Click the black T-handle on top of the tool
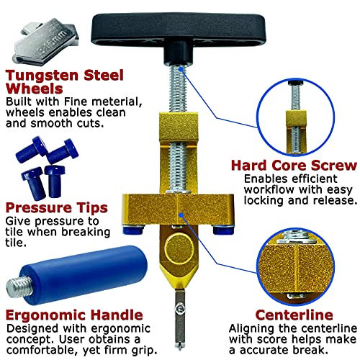click(x=179, y=30)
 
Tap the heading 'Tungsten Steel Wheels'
click(x=64, y=82)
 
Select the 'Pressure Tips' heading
click(x=57, y=208)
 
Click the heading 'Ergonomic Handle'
click(x=74, y=315)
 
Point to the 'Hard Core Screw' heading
click(x=294, y=166)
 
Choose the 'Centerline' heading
click(x=294, y=315)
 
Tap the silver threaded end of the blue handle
click(x=19, y=287)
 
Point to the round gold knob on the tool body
click(x=179, y=248)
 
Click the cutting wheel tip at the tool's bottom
click(x=179, y=346)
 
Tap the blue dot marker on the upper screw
click(x=181, y=69)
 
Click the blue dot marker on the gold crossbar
click(x=181, y=215)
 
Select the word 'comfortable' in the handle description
click(x=40, y=351)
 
